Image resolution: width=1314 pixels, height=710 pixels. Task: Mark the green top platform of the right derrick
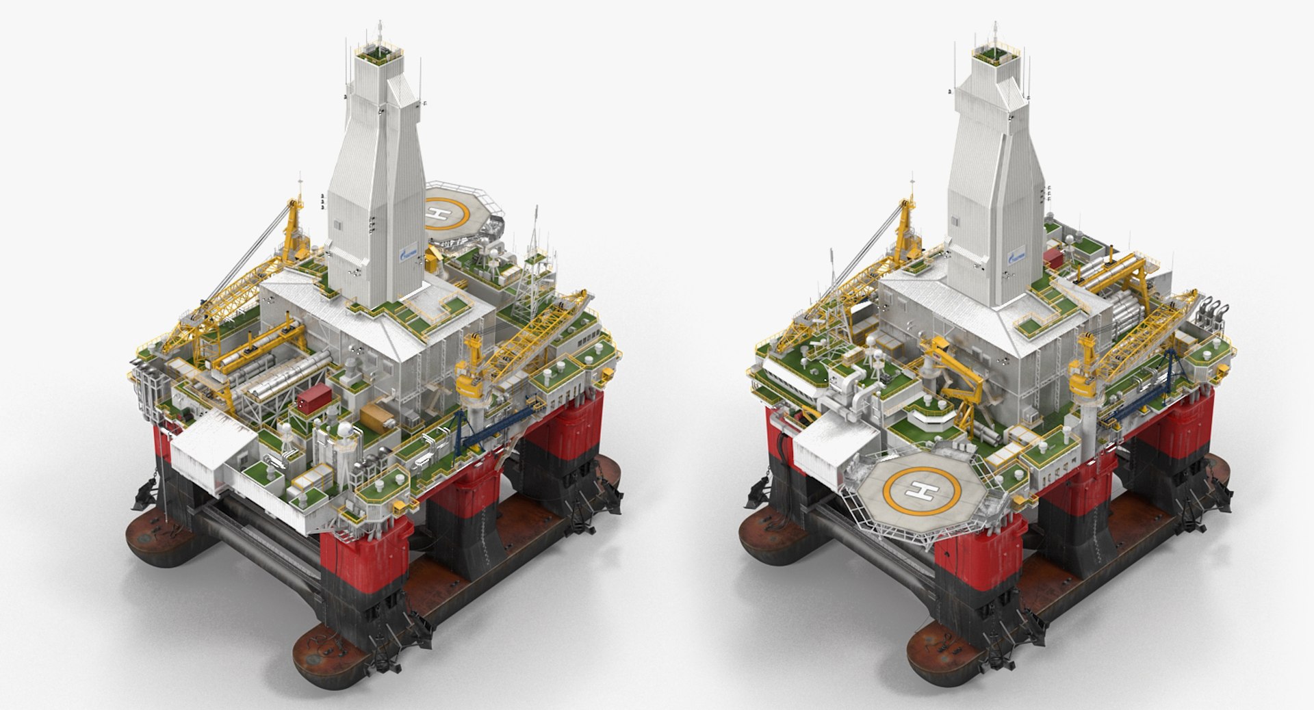[992, 52]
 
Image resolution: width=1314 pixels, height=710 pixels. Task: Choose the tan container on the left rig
[375, 415]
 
